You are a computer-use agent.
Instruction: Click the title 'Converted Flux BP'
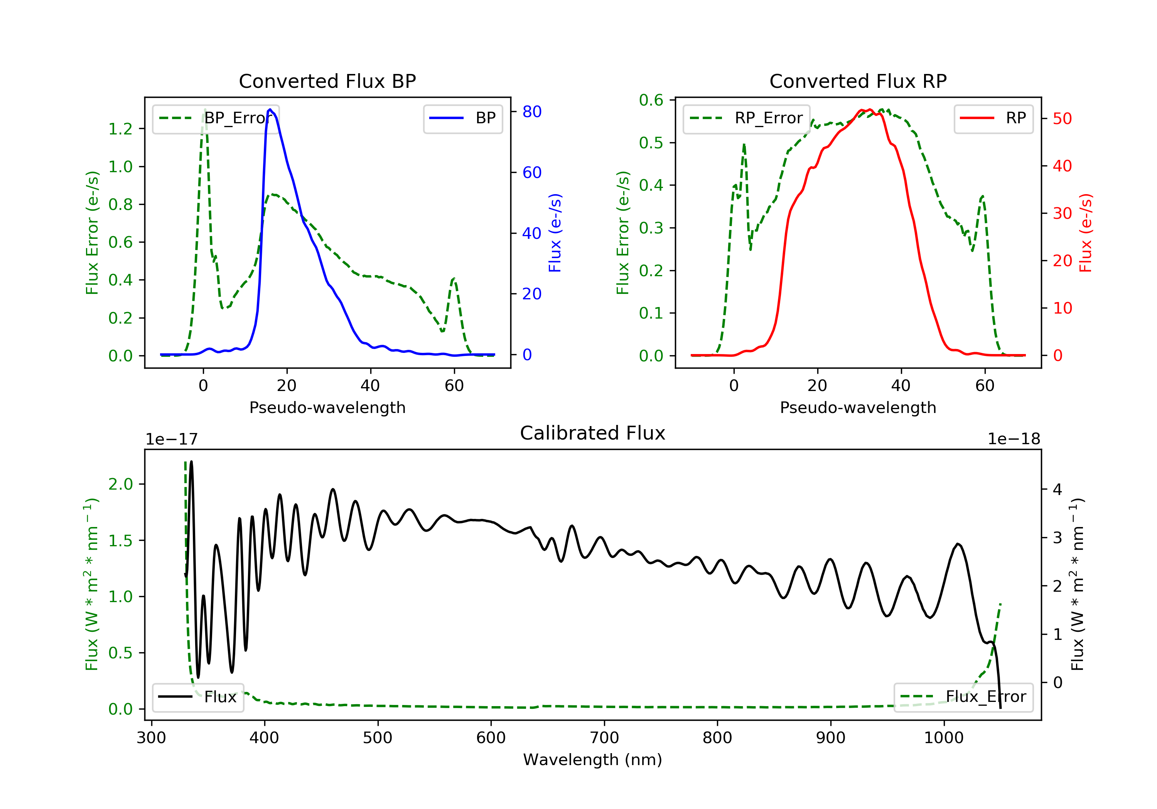[327, 81]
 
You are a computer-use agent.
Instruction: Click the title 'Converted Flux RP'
[858, 81]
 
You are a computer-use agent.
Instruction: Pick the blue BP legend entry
[462, 118]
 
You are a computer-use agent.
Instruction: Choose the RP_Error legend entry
[746, 118]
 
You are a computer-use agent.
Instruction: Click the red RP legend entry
[993, 118]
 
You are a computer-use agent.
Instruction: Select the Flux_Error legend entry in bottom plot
[963, 697]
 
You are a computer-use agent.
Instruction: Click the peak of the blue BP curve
[270, 109]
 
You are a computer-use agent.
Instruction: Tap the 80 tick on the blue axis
[531, 112]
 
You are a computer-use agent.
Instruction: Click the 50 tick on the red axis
[1062, 119]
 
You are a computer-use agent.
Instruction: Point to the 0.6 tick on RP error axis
[651, 100]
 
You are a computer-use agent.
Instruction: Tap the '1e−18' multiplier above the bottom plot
[1014, 439]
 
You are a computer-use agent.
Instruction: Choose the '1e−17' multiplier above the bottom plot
[171, 439]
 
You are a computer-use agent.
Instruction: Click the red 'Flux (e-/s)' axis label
[1085, 233]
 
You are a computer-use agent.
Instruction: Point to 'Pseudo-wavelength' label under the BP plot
[327, 407]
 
